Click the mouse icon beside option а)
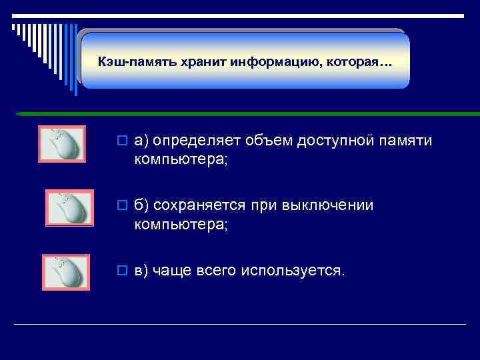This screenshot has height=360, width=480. (x=61, y=144)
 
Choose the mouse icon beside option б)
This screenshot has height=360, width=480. (x=68, y=208)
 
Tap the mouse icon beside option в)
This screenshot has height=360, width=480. (x=65, y=272)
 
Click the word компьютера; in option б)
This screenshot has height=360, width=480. (x=181, y=225)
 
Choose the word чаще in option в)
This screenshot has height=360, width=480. (x=172, y=271)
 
